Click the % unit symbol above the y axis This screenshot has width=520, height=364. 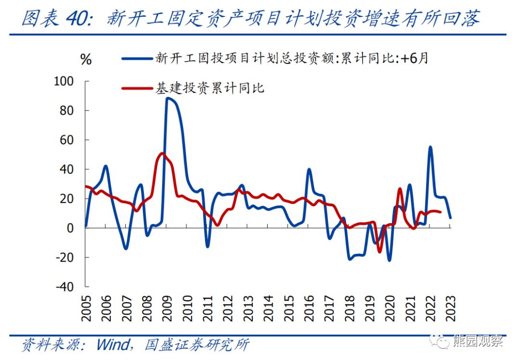pos(86,60)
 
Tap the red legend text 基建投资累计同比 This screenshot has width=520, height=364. pos(209,88)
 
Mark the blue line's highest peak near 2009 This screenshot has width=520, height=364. pos(167,98)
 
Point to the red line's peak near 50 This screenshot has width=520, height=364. pos(162,153)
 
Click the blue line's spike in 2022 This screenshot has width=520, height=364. pos(430,147)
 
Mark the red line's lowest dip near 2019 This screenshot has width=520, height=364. pos(379,251)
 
